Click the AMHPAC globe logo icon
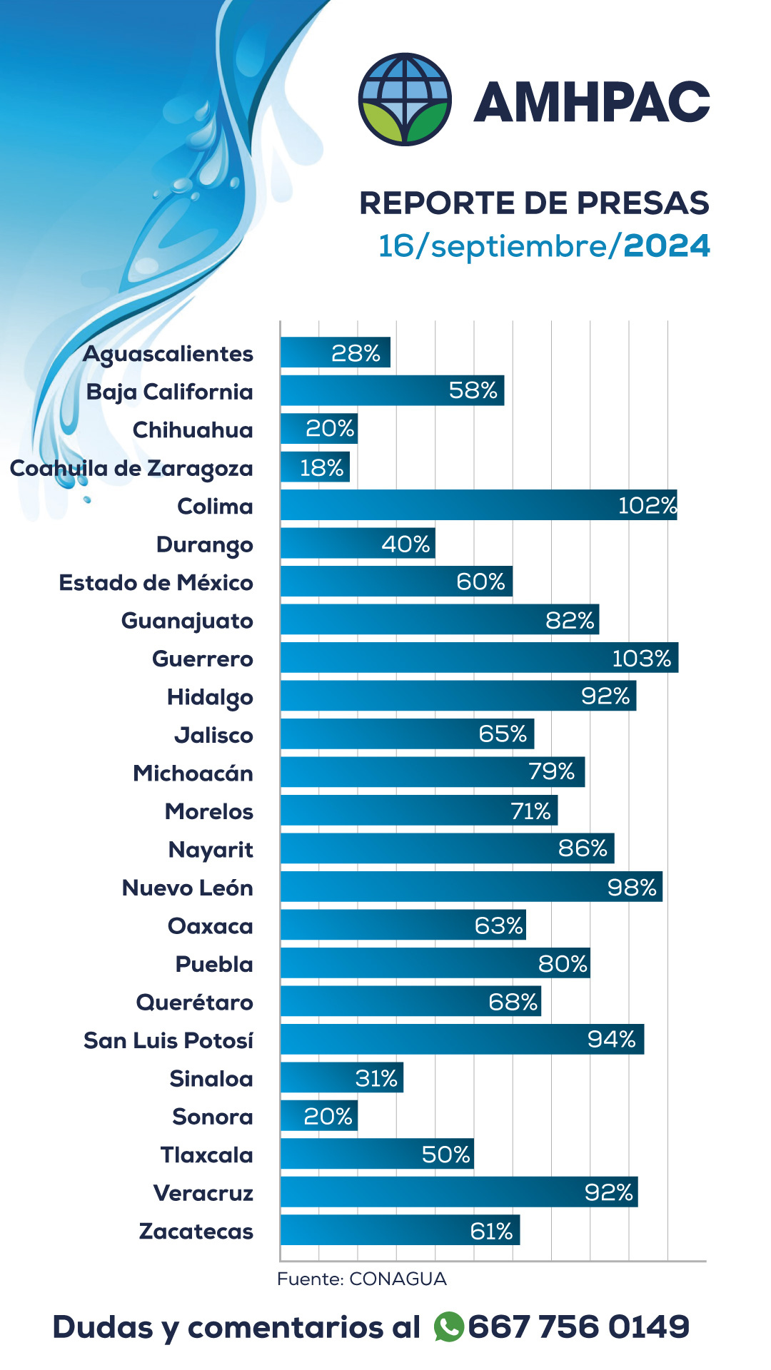tap(405, 99)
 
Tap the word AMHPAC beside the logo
tap(591, 102)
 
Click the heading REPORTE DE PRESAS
tap(534, 203)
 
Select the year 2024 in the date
tap(666, 246)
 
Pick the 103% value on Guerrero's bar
tap(641, 658)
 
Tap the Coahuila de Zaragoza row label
tap(131, 469)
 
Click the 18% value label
tap(321, 467)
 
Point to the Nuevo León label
tap(187, 888)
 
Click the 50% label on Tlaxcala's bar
tap(445, 1154)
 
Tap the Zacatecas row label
tap(196, 1231)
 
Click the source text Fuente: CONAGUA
tap(362, 1279)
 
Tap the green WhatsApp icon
tap(449, 1327)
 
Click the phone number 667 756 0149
tap(578, 1327)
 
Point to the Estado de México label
tap(156, 582)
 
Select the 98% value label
tap(631, 887)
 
